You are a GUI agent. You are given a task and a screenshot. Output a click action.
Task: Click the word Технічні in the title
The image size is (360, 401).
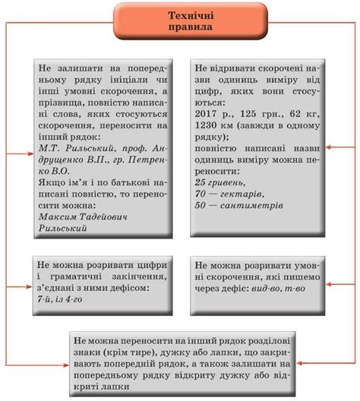coord(180,15)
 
